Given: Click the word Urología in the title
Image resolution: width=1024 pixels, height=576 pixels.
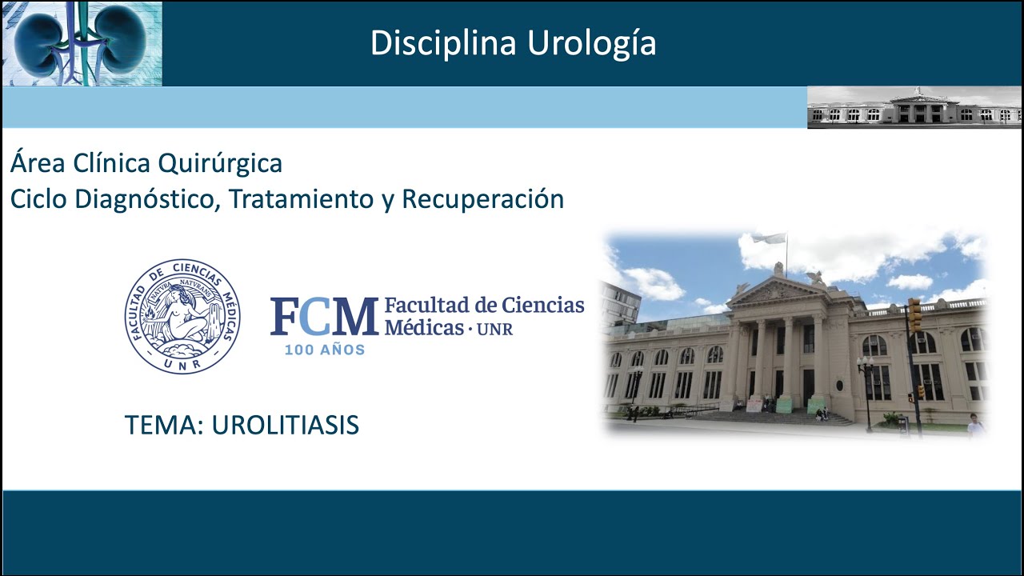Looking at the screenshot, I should pyautogui.click(x=591, y=44).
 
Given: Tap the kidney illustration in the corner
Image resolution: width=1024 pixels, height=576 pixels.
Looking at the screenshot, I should pyautogui.click(x=82, y=43).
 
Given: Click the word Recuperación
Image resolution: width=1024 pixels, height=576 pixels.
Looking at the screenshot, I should pyautogui.click(x=482, y=199).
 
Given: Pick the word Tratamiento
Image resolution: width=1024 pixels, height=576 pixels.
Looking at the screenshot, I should pyautogui.click(x=302, y=199).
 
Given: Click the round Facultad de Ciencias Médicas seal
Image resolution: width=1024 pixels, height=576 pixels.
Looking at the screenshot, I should pyautogui.click(x=182, y=316).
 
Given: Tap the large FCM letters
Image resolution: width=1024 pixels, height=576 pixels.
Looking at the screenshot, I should pyautogui.click(x=324, y=317).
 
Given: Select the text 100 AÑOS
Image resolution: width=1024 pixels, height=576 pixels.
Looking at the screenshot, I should pyautogui.click(x=325, y=350).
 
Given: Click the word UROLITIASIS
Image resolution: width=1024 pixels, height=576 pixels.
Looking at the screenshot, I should pyautogui.click(x=285, y=426).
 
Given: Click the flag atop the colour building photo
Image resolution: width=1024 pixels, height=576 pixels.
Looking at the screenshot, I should pyautogui.click(x=769, y=238).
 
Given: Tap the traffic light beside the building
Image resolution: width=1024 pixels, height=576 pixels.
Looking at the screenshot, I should pyautogui.click(x=914, y=314).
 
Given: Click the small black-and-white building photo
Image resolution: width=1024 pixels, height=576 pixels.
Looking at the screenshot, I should pyautogui.click(x=914, y=107).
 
